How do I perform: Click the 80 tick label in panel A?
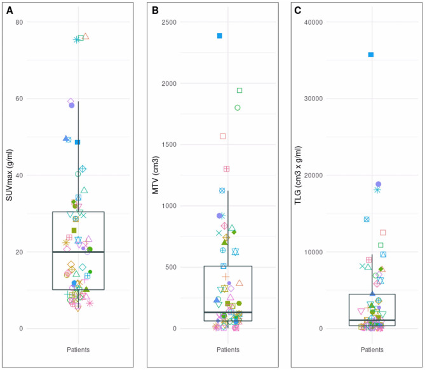[x=20, y=22]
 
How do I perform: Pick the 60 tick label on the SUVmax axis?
[x=20, y=99]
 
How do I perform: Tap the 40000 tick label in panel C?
[x=314, y=22]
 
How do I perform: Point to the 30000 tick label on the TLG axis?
[x=314, y=99]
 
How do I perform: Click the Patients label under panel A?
[x=78, y=350]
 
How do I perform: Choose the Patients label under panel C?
[x=372, y=350]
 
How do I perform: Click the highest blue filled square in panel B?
[x=220, y=36]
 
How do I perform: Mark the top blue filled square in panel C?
[x=371, y=55]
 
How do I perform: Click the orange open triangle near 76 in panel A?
[x=86, y=36]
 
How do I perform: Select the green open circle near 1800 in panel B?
[x=238, y=107]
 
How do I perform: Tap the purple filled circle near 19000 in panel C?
[x=378, y=184]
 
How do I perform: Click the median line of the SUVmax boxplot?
[x=78, y=252]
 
